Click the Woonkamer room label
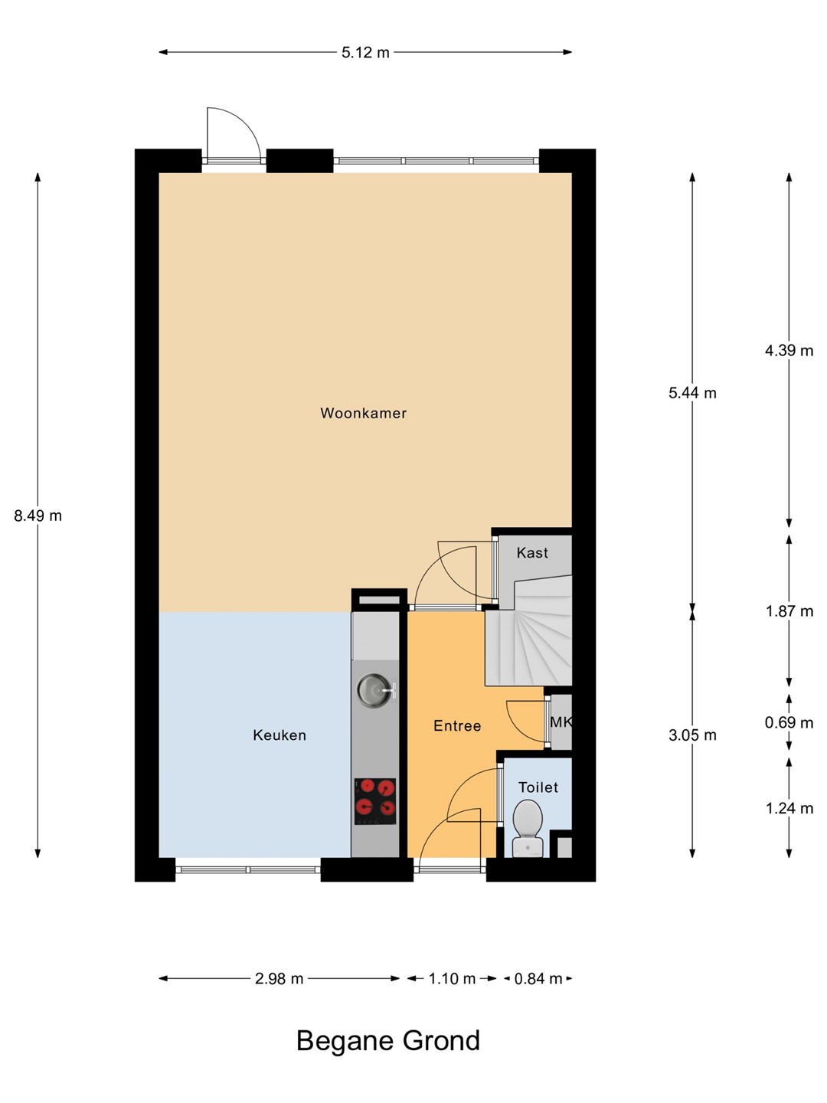[x=363, y=413]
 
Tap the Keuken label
[x=279, y=735]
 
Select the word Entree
[x=457, y=725]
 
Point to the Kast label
[x=532, y=553]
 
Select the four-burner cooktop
[x=375, y=801]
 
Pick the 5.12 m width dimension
[x=365, y=52]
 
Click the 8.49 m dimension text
[x=38, y=515]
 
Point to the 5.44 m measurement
[x=692, y=393]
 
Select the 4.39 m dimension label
[x=789, y=350]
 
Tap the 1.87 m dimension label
[x=789, y=611]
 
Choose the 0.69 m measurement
[x=789, y=722]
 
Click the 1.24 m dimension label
[x=789, y=808]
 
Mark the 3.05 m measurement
[x=692, y=735]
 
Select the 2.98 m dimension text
[x=279, y=978]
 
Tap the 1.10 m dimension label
[x=452, y=978]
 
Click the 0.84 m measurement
[x=538, y=978]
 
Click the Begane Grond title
[x=388, y=1040]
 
